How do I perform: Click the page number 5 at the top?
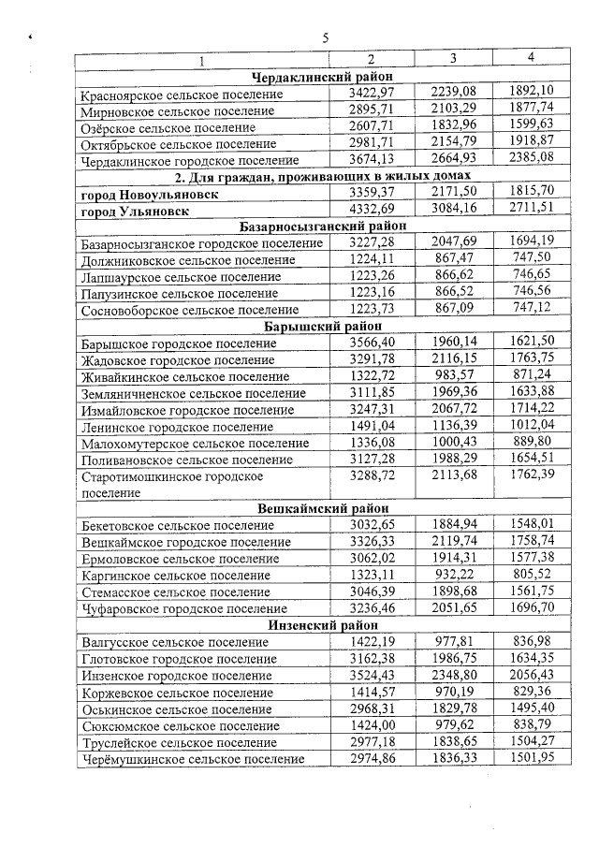pyautogui.click(x=325, y=38)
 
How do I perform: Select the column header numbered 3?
pyautogui.click(x=452, y=59)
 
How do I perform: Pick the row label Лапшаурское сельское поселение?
pyautogui.click(x=181, y=277)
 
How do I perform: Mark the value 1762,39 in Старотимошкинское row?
pyautogui.click(x=532, y=476)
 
